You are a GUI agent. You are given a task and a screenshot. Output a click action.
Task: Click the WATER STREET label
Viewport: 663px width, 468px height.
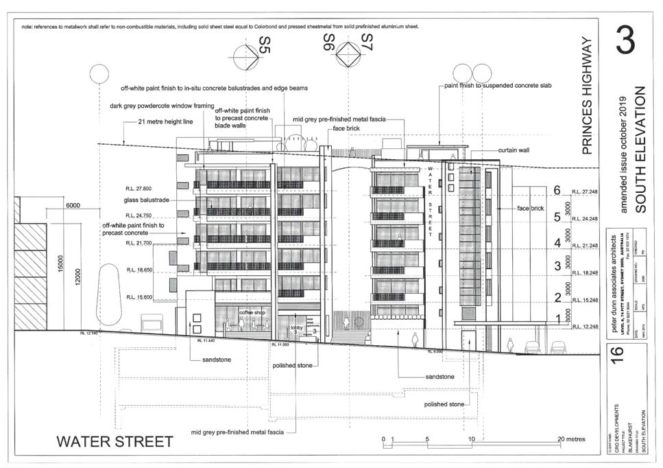(x=114, y=441)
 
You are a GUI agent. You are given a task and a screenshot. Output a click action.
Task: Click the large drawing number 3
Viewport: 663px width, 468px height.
(x=625, y=41)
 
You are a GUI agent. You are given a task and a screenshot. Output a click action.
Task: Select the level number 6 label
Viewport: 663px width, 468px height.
(x=558, y=189)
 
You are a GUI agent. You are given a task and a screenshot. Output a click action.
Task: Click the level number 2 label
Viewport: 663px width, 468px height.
(x=558, y=297)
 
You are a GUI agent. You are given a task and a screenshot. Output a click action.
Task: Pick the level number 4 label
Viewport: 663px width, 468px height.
(x=558, y=243)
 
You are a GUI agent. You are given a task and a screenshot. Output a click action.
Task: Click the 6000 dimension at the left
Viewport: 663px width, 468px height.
(x=73, y=204)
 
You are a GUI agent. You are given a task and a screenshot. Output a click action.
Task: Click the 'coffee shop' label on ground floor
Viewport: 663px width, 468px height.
(x=244, y=312)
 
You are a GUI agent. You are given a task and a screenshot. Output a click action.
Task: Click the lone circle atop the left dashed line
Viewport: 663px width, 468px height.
(x=97, y=73)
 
